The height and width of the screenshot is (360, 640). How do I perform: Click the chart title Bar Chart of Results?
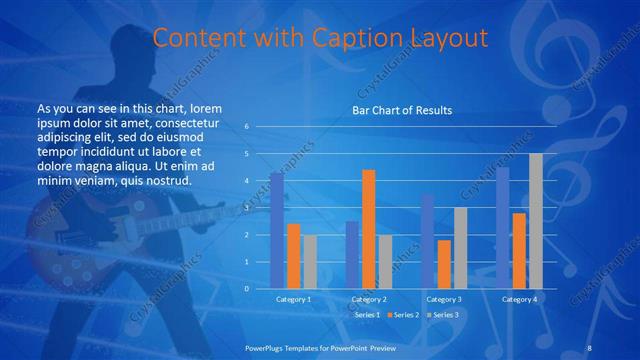click(401, 109)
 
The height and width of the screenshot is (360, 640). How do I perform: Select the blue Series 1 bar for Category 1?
click(277, 230)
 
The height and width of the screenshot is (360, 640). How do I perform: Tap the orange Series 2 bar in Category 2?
click(369, 229)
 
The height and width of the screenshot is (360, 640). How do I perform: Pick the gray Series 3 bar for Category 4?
click(536, 221)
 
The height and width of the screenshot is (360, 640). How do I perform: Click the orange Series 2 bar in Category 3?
click(444, 264)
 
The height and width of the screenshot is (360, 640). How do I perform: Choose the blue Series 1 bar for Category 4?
click(503, 228)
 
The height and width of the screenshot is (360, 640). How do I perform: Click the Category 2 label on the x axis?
click(370, 299)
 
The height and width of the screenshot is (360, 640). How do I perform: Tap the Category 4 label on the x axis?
click(520, 299)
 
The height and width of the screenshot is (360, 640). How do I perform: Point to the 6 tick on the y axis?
click(246, 127)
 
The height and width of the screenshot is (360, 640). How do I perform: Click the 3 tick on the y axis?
click(246, 208)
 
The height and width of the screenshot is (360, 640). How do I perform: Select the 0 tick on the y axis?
click(246, 288)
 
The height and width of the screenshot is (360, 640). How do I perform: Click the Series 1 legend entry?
click(366, 314)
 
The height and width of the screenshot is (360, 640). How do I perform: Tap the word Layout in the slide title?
click(450, 38)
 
